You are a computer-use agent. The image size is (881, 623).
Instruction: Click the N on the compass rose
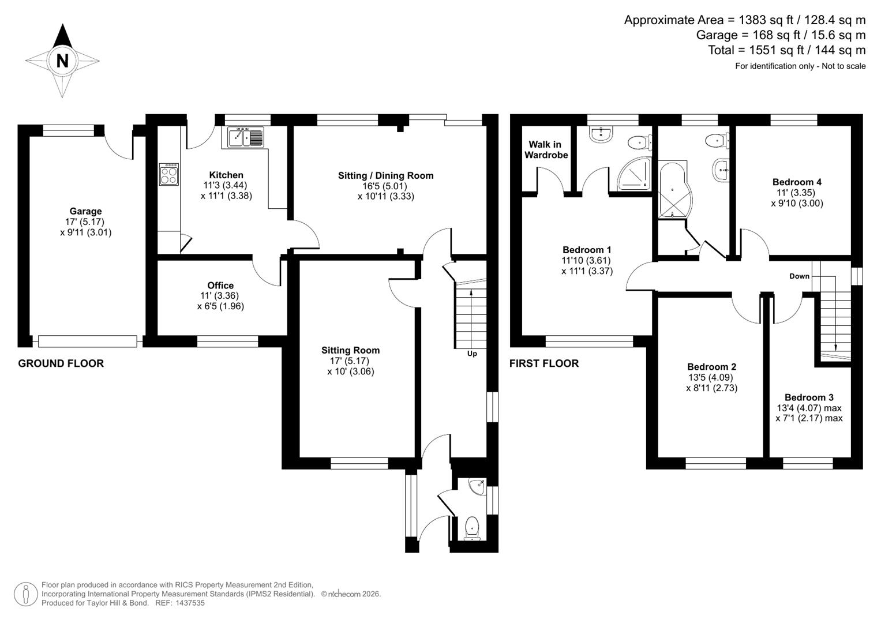pos(62,60)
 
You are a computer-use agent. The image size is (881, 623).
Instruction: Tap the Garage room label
pos(85,211)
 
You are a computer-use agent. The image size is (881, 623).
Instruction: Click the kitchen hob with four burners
pos(169,174)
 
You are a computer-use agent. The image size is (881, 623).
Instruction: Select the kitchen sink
pos(245,137)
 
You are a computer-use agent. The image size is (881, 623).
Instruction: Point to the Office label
pos(220,285)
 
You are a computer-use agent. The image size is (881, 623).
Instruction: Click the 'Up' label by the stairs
pos(472,354)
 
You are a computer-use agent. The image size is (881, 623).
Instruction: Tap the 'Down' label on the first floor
pos(799,276)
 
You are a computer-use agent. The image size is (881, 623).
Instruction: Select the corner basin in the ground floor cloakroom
pos(478,487)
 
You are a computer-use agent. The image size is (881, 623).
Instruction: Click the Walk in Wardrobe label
pos(546,149)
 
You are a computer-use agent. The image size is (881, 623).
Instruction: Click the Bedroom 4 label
pos(797,182)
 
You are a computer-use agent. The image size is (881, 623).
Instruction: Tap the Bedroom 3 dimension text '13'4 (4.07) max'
pos(808,408)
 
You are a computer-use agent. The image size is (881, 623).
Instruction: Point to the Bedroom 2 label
pos(711,367)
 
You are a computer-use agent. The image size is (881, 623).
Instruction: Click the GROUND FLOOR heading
pos(61,363)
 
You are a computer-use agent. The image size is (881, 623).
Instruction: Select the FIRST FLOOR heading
pos(543,363)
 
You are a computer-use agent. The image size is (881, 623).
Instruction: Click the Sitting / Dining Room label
pos(385,175)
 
